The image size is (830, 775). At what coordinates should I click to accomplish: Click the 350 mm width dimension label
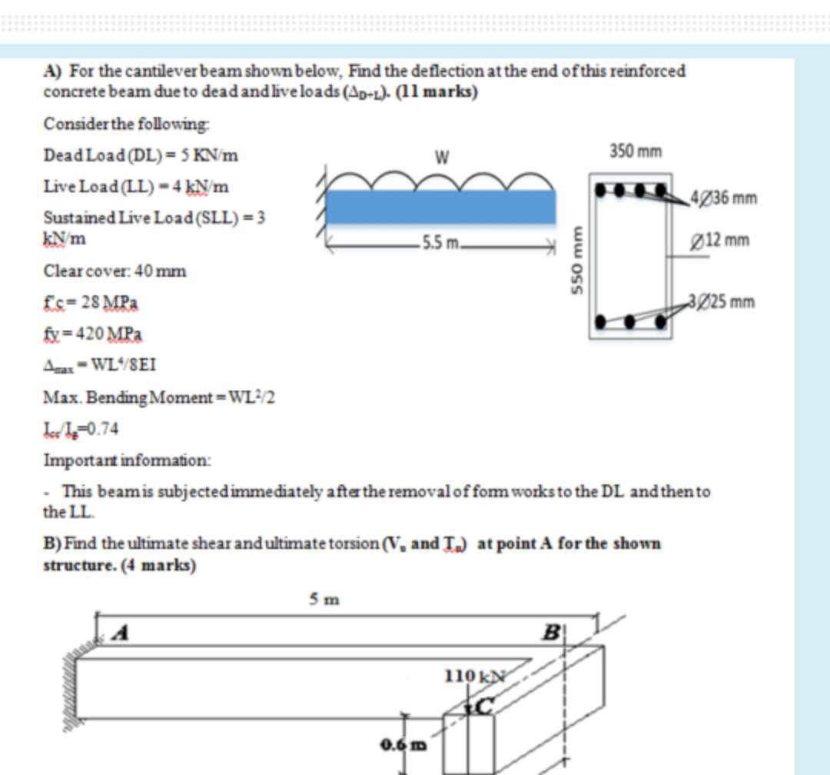click(635, 151)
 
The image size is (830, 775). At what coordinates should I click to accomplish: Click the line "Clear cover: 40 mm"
click(115, 271)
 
